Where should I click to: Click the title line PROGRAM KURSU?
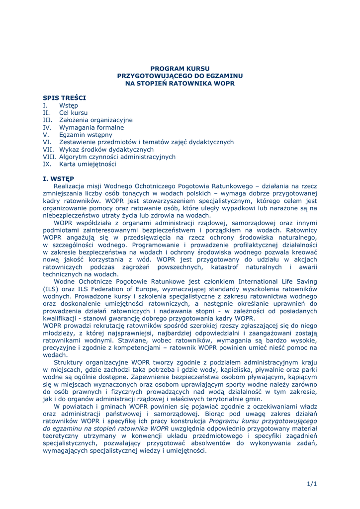pos(180,68)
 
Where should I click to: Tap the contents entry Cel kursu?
pos(73,113)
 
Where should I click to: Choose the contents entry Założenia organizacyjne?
pos(95,120)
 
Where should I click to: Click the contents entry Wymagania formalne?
pos(91,127)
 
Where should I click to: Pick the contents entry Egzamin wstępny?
pos(86,135)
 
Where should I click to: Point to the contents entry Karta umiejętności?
pos(88,164)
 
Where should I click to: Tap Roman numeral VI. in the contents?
pos(47,142)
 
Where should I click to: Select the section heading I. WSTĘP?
pos(59,178)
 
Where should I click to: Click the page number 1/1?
pos(312,484)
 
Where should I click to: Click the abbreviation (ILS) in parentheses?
pos(50,289)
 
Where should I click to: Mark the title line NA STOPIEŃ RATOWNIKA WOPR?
pos(180,83)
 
